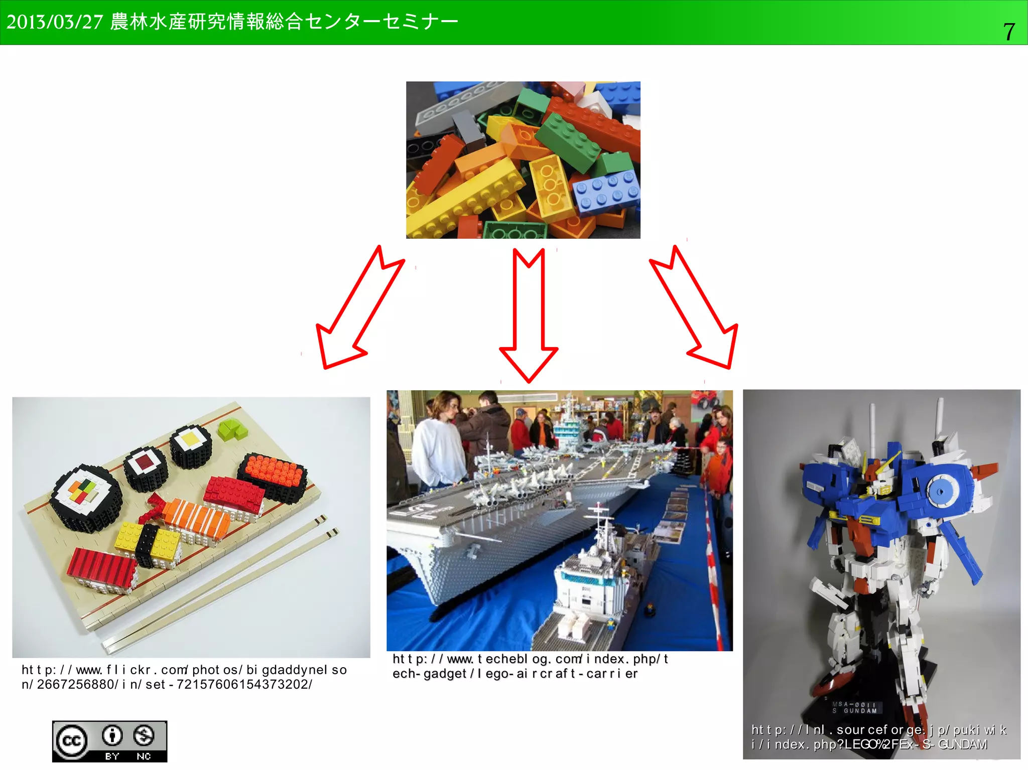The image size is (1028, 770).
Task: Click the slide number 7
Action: (1008, 31)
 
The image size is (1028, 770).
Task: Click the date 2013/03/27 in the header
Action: (54, 22)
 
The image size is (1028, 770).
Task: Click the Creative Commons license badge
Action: (109, 741)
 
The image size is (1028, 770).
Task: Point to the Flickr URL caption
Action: (184, 677)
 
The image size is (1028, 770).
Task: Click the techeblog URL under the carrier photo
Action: (530, 666)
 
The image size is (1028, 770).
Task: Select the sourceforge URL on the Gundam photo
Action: (878, 736)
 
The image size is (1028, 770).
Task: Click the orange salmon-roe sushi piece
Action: (274, 474)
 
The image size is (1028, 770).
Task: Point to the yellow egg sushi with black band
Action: (148, 543)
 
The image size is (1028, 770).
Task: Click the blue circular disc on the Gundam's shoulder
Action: (940, 490)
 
